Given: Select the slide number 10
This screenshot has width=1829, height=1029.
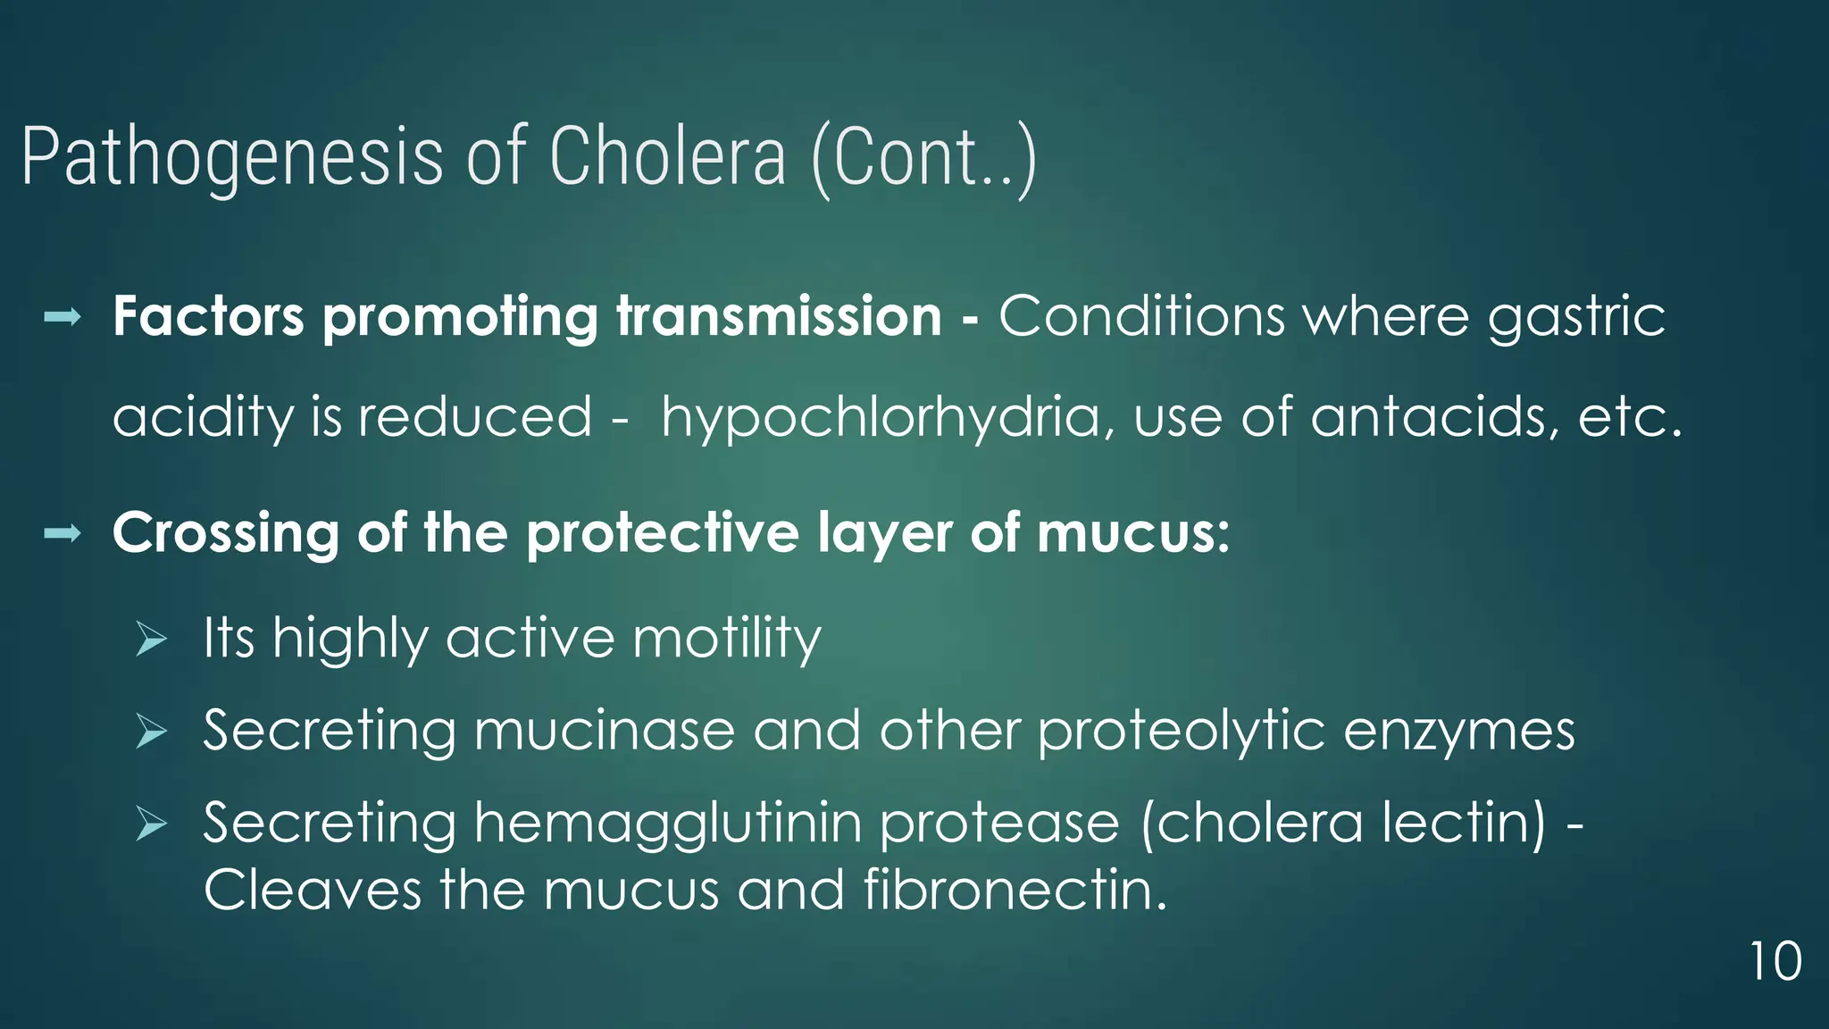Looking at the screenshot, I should [1775, 962].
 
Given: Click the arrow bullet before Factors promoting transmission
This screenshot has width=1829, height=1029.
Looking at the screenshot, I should [63, 316].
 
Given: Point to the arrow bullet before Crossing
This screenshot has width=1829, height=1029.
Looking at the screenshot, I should [63, 534].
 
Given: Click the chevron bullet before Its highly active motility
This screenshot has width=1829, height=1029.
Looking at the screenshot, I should [152, 640].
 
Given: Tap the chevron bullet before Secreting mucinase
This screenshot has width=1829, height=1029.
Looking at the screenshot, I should [152, 732].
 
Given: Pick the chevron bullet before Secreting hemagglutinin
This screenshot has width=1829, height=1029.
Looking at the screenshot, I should [152, 824].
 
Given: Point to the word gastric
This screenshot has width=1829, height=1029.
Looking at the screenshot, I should [1576, 318].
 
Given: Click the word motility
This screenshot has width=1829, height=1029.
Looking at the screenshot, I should [726, 640].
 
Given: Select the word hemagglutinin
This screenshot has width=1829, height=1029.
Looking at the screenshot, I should [667, 824].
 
